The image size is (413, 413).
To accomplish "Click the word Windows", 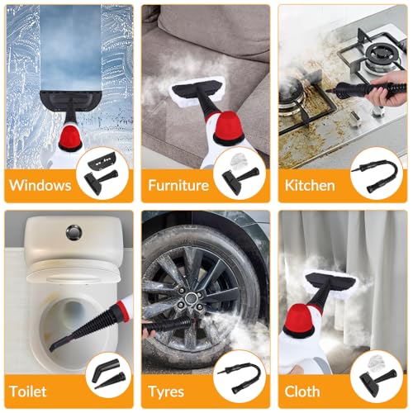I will (40, 184).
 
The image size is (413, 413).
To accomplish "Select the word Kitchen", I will (311, 184).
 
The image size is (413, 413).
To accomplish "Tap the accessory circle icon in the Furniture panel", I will (240, 174).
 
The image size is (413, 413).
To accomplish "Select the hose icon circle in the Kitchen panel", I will (376, 174).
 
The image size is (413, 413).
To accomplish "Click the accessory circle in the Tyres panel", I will (240, 381).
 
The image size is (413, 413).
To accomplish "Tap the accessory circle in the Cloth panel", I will (376, 381).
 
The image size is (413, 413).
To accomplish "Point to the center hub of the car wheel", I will (192, 296).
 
